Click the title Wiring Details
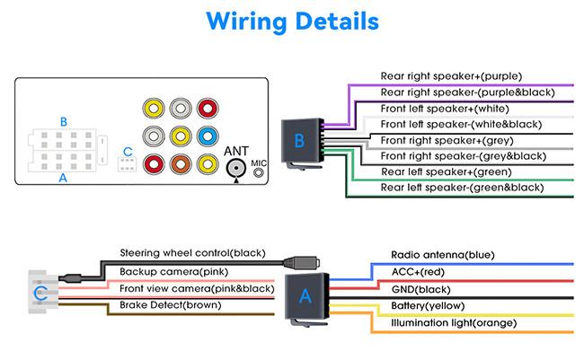pos(292,21)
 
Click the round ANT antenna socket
pos(236,167)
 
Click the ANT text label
pos(236,150)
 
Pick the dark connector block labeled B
pos(299,141)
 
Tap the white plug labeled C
pos(39,294)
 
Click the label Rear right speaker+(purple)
pos(451,76)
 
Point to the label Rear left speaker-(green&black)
pos(462,188)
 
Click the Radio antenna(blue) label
pos(442,256)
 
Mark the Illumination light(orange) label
pos(453,322)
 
